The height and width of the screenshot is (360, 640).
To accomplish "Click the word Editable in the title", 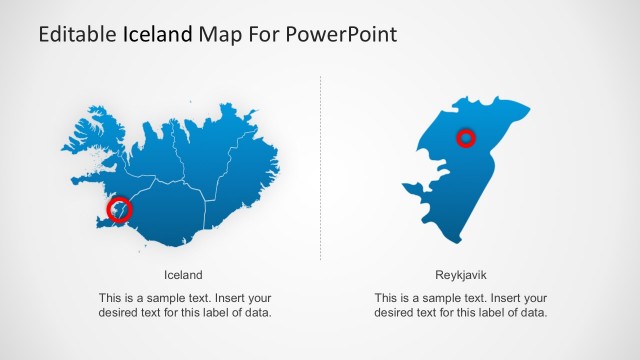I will coord(77,34).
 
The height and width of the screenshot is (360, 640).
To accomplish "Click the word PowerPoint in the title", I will coord(341,34).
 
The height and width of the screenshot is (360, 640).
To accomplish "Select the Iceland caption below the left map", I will coord(183,274).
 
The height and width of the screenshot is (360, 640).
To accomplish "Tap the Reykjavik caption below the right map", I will coord(461,274).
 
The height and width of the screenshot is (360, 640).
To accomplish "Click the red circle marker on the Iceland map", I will coord(120,209).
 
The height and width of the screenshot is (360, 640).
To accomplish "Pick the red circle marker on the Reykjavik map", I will coord(465,138).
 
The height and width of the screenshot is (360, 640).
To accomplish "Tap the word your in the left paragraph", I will coord(260,298).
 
